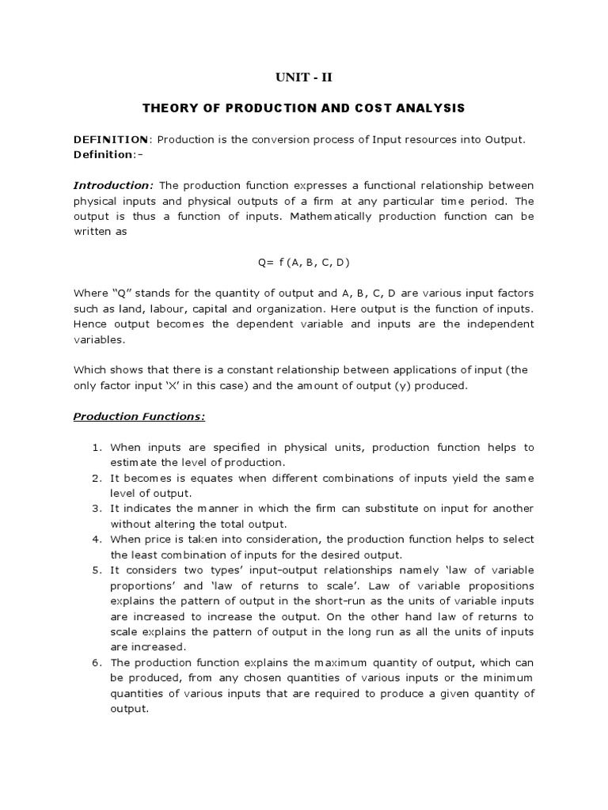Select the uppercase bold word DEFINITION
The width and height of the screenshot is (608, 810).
coord(111,139)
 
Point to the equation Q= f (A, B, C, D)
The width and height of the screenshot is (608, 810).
coord(304,262)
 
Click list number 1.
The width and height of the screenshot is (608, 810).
coord(97,448)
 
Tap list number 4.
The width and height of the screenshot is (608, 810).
coord(97,539)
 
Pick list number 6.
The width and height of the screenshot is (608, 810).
coord(97,663)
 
